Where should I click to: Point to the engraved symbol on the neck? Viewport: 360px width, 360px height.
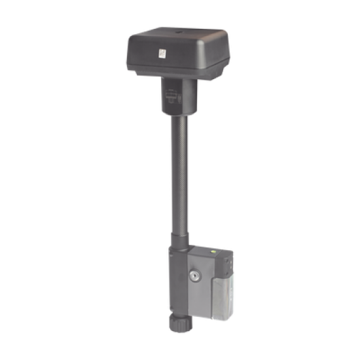(171, 96)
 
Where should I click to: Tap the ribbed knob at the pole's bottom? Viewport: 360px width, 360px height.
(180, 340)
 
